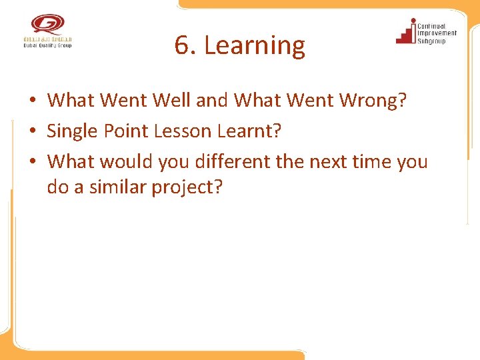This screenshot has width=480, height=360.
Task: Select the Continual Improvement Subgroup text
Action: [437, 33]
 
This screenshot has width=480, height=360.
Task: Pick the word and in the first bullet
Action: [213, 101]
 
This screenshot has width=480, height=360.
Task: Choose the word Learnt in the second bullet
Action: [251, 131]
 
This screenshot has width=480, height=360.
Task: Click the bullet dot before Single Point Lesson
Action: [32, 132]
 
